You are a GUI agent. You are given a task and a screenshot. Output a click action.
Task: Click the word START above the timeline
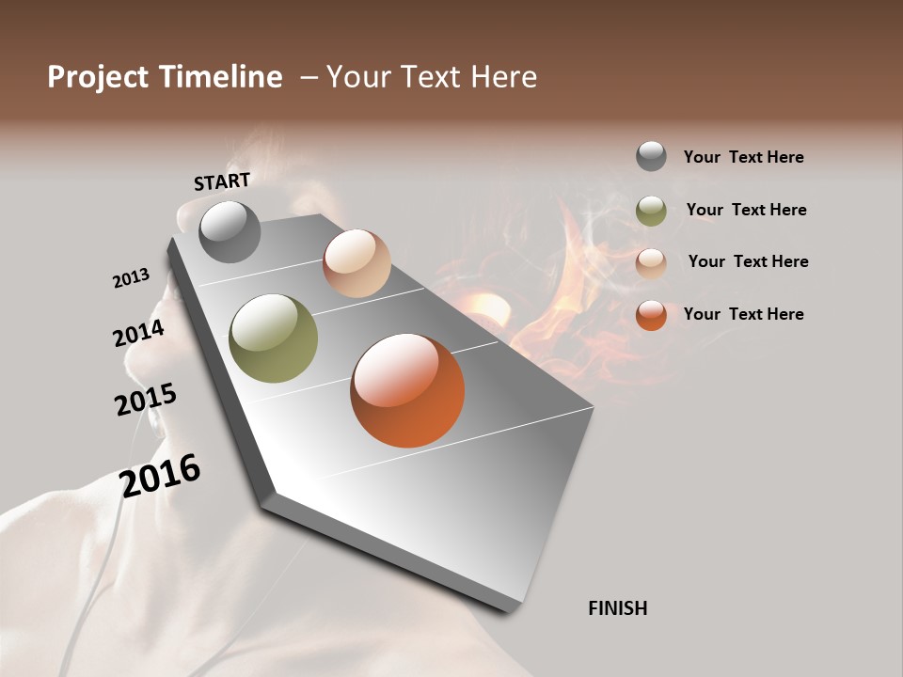tap(222, 181)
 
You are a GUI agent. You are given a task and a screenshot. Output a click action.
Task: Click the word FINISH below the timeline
tap(618, 608)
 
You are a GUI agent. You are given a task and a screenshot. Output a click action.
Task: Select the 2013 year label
tap(131, 278)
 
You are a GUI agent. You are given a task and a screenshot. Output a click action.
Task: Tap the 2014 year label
tap(138, 333)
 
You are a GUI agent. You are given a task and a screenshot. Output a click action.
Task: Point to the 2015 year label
tap(146, 400)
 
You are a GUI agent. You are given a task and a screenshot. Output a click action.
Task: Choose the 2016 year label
tap(160, 475)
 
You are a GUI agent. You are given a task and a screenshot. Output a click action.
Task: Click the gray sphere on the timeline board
tap(230, 231)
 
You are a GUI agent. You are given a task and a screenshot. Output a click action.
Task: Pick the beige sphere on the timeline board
tap(356, 263)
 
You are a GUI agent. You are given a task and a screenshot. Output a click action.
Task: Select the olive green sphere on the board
tap(274, 338)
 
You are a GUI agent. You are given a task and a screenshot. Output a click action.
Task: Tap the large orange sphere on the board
tap(407, 390)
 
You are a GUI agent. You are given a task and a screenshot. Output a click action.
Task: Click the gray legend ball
tap(651, 156)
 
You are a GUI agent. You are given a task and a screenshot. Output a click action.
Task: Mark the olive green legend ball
tap(651, 211)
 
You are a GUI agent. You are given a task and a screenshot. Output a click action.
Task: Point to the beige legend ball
tap(651, 262)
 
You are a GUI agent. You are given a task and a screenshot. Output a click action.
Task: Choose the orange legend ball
tap(651, 315)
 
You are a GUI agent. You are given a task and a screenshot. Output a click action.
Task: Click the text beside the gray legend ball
tap(743, 157)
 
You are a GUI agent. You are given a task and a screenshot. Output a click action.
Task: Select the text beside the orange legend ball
tap(743, 314)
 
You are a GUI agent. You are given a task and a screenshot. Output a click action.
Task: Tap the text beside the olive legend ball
tap(746, 210)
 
